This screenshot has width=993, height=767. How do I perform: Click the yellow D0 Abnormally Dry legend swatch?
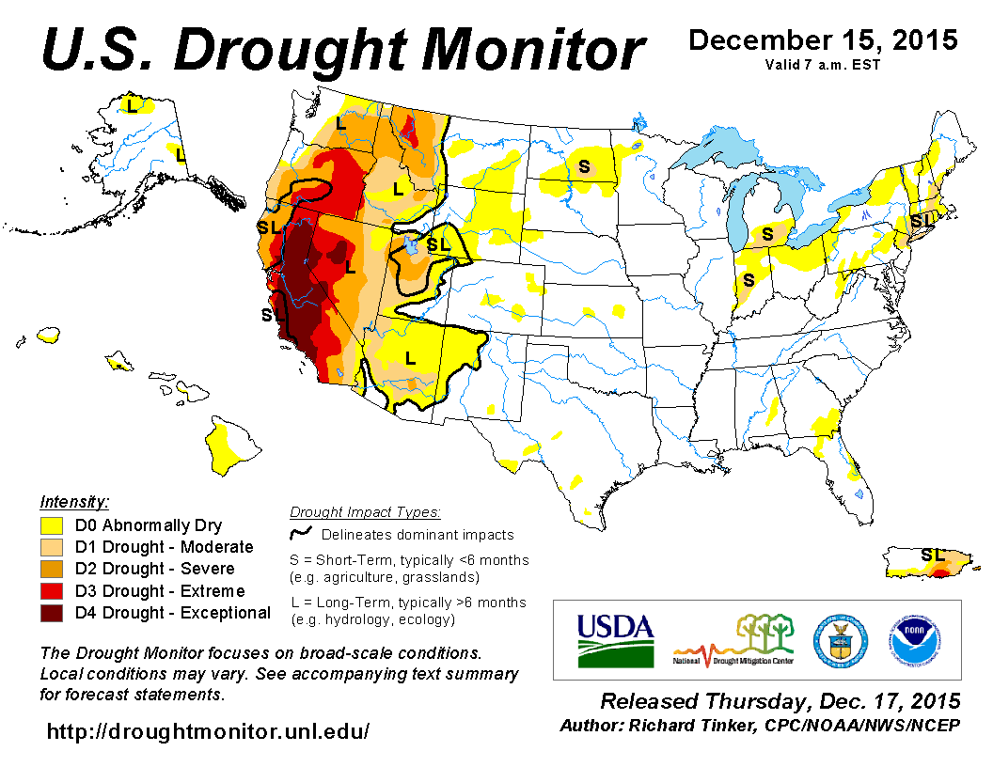coord(52,525)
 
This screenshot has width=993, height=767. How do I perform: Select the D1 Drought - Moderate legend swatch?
coord(52,547)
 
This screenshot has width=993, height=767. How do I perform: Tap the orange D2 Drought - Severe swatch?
coord(52,569)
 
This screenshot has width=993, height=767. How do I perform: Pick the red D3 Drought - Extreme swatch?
coord(52,591)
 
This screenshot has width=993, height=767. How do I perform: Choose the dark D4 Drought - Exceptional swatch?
coord(52,613)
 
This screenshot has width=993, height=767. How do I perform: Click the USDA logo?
coord(615,640)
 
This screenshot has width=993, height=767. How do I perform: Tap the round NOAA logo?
coord(915,640)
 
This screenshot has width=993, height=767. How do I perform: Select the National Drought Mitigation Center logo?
coord(734,640)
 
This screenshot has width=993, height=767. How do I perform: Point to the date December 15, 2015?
coord(823,40)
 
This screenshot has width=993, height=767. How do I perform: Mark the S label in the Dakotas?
coord(583,167)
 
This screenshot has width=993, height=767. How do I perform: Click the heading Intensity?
coord(75,502)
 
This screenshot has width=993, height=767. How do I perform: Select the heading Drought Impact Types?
coord(365,512)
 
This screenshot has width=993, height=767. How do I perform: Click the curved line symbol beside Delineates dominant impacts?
coord(301,535)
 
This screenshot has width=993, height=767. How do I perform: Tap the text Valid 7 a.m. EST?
coord(823,65)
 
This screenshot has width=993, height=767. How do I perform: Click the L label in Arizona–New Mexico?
coord(410,357)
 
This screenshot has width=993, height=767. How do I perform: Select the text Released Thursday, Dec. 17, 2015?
coord(780,701)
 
